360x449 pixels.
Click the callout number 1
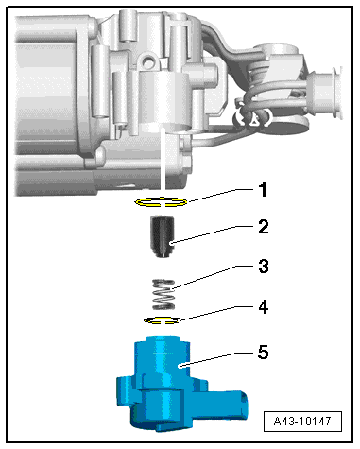[x=263, y=190]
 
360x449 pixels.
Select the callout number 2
[x=264, y=227]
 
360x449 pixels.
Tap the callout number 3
[x=264, y=267]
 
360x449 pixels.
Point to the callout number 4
[x=264, y=306]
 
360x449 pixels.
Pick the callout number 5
[x=263, y=352]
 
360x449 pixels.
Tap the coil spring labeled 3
[x=163, y=295]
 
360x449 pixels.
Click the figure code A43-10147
[x=302, y=422]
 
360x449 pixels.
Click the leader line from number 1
[x=220, y=195]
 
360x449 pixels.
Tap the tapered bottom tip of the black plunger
[x=163, y=253]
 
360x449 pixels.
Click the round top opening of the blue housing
[x=163, y=338]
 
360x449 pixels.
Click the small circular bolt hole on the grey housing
[x=147, y=60]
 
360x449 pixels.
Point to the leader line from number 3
[x=212, y=277]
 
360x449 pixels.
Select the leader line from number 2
[x=213, y=234]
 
